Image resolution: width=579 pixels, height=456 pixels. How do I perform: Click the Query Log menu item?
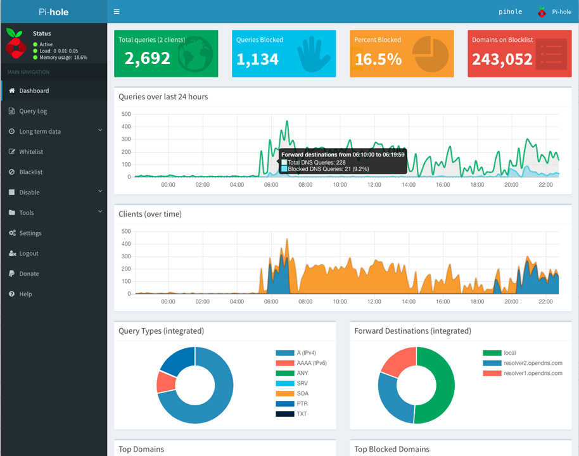(x=33, y=111)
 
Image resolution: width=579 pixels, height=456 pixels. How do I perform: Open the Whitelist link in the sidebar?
(x=31, y=152)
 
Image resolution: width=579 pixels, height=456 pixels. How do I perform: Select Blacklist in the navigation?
(x=30, y=172)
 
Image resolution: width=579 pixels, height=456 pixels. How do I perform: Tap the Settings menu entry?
(x=30, y=233)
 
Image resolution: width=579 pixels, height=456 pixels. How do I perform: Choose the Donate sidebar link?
(x=29, y=274)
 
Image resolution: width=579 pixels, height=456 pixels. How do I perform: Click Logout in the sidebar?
(x=29, y=253)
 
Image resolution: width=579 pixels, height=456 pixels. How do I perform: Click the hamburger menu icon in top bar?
(x=117, y=11)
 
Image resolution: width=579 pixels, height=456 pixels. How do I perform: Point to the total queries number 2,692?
(x=147, y=59)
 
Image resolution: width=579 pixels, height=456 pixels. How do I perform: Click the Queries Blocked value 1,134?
(x=257, y=60)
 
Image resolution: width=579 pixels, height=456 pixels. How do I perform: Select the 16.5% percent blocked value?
(x=378, y=60)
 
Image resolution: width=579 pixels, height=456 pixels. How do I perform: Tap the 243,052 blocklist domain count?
(x=502, y=60)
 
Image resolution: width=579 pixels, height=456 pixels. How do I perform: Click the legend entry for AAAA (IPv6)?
(x=311, y=363)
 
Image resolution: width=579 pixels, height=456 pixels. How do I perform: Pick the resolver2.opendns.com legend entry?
(x=533, y=363)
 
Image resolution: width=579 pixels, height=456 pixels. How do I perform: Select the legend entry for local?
(x=510, y=353)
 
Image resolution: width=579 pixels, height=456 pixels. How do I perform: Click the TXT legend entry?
(x=302, y=414)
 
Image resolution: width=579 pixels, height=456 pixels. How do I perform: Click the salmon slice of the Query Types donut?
(x=166, y=382)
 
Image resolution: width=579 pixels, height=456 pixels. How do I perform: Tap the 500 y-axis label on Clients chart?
(x=125, y=231)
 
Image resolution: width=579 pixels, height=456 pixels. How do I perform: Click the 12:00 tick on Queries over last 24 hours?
(x=374, y=185)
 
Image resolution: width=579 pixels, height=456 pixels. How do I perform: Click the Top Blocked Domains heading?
(x=391, y=449)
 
